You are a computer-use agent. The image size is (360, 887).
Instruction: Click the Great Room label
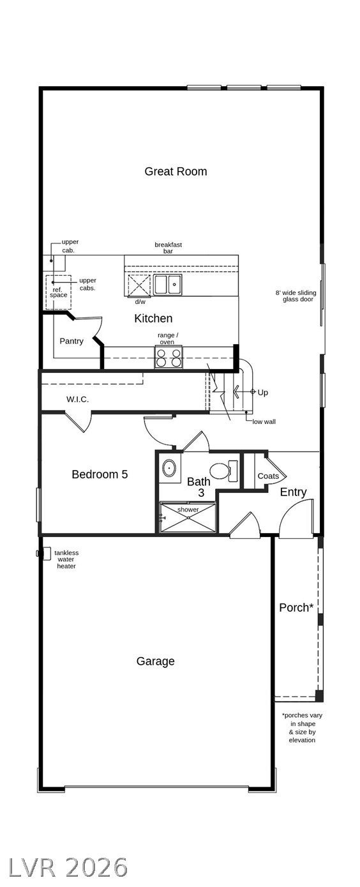click(x=176, y=171)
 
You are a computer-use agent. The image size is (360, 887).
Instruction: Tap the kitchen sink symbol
click(x=168, y=284)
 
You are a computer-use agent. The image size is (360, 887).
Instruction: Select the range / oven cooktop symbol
click(x=169, y=357)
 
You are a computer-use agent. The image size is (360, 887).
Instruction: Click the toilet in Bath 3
click(x=223, y=471)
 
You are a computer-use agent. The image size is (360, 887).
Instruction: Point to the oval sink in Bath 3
click(x=169, y=469)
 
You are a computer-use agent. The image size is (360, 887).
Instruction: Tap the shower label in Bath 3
click(x=188, y=510)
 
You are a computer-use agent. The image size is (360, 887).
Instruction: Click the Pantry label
click(x=71, y=341)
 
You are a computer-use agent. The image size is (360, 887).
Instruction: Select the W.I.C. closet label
click(x=77, y=399)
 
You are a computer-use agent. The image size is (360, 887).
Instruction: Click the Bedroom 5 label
click(x=100, y=474)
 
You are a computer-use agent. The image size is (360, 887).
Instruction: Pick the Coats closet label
click(x=268, y=476)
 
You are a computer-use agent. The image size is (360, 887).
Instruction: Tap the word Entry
click(x=293, y=492)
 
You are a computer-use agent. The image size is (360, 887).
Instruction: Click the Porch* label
click(x=296, y=607)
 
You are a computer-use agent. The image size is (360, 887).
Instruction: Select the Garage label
click(x=156, y=662)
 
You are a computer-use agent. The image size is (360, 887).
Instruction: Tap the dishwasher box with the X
click(x=139, y=285)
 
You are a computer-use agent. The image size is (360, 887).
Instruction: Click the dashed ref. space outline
click(x=59, y=292)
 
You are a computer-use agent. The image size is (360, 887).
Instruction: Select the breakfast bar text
click(x=168, y=248)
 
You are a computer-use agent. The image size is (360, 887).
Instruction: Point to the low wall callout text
click(x=264, y=421)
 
